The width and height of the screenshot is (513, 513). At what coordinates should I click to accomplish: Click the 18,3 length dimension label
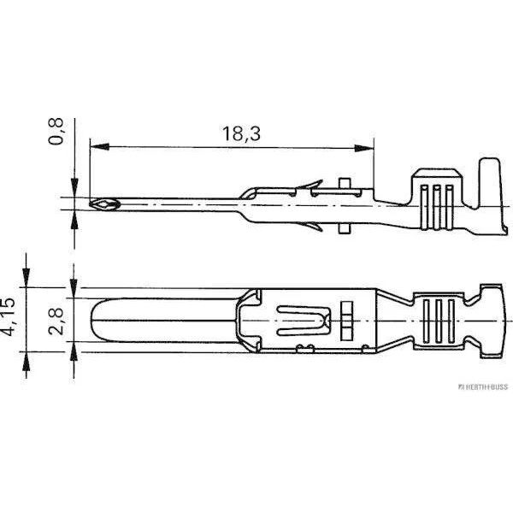click(x=241, y=133)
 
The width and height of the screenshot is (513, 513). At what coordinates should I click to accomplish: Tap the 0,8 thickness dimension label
click(x=56, y=132)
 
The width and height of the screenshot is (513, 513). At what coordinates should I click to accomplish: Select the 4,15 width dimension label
click(x=8, y=316)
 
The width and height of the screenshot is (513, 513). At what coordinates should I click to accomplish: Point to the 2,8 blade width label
click(x=56, y=321)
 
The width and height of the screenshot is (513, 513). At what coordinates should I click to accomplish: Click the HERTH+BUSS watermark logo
click(x=482, y=386)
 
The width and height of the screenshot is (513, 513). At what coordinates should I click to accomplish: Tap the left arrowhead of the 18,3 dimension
click(x=99, y=147)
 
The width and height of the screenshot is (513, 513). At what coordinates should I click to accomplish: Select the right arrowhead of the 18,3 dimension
click(x=364, y=148)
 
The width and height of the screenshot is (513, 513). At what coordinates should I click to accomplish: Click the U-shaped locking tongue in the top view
click(x=304, y=321)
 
